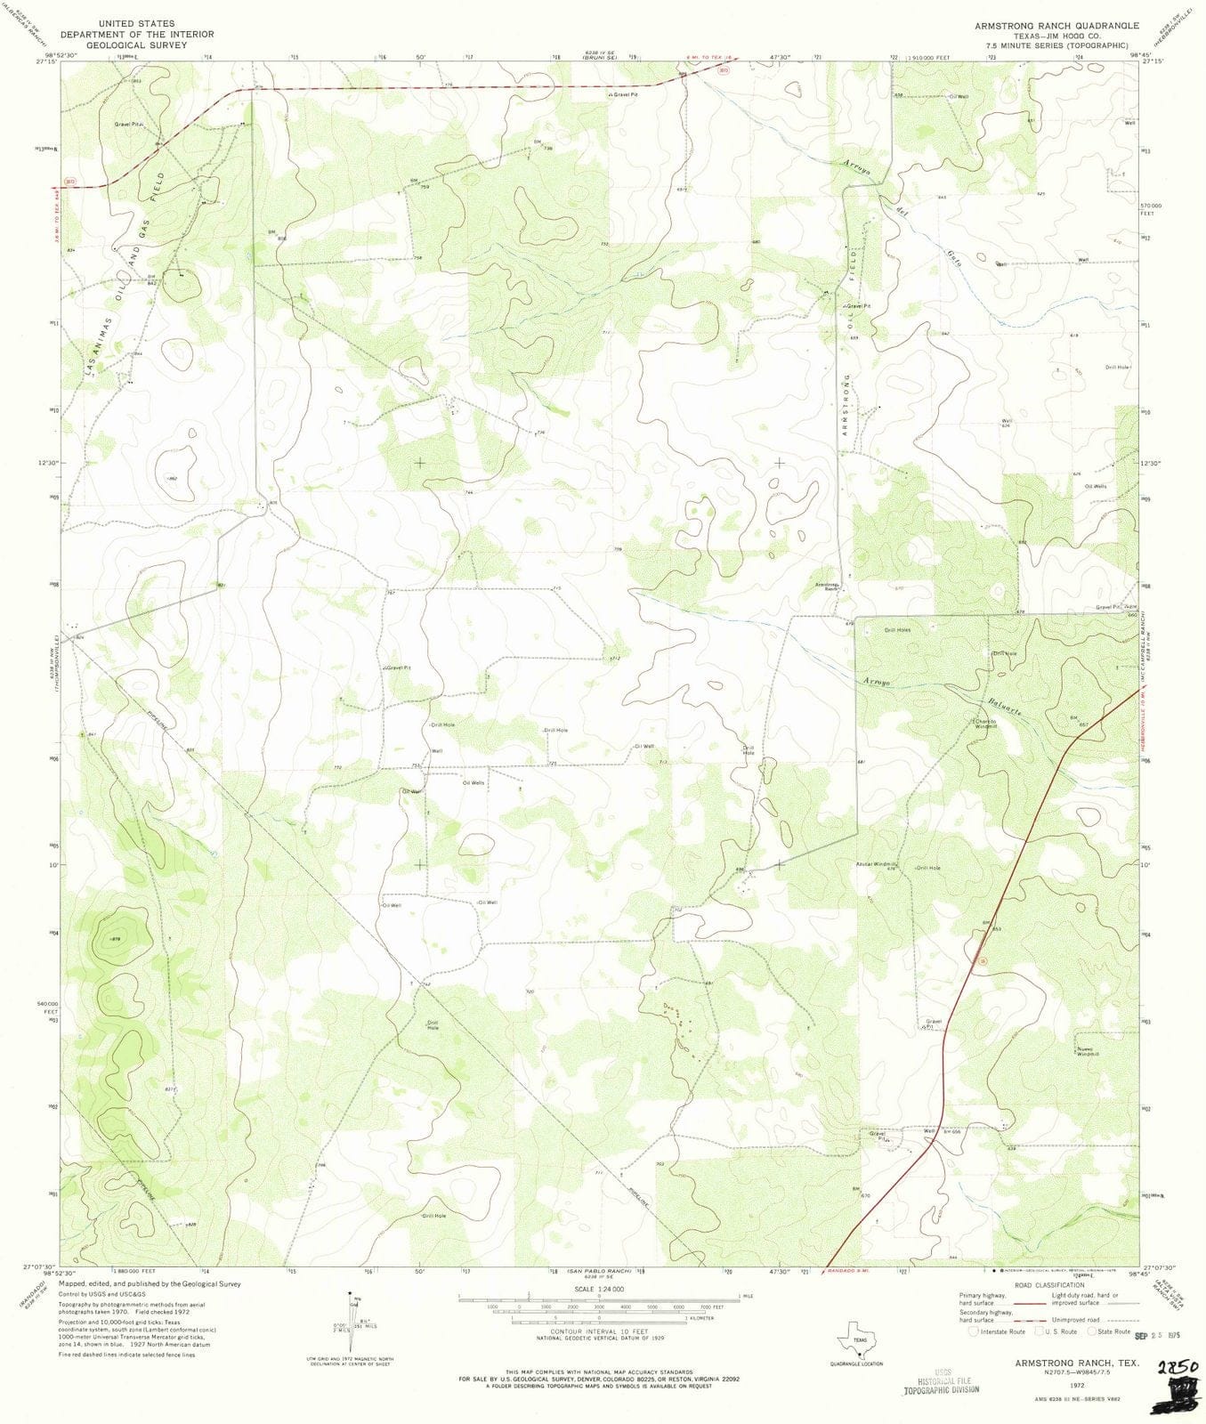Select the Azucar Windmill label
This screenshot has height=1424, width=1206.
coord(876,863)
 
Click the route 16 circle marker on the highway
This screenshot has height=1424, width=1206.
coord(983,960)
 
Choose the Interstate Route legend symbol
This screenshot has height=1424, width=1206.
coord(973,1332)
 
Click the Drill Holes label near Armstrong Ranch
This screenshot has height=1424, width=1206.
coord(897,630)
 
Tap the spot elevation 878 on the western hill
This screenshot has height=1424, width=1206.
coord(115,939)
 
